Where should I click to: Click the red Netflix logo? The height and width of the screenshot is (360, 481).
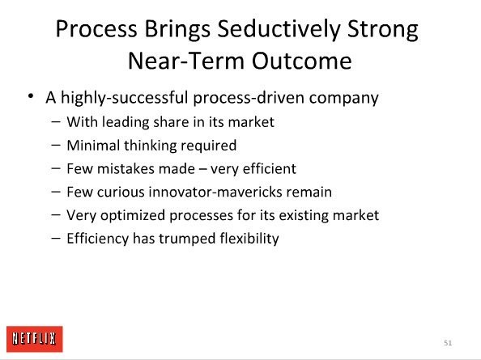34,339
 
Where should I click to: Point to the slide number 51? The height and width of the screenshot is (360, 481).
448,343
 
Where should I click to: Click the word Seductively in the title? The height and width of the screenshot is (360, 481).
279,29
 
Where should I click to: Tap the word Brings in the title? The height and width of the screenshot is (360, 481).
177,30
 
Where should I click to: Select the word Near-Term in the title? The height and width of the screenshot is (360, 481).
186,61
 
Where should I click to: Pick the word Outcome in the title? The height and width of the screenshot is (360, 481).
301,61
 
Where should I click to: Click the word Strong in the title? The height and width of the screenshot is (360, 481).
383,30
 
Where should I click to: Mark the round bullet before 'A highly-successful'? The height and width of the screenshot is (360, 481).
31,96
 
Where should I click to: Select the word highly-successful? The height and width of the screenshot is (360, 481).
124,98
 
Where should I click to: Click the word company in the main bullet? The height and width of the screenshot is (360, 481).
343,99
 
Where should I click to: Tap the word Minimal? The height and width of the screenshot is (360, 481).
94,146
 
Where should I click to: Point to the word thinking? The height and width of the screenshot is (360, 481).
151,146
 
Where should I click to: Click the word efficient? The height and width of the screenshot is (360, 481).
270,169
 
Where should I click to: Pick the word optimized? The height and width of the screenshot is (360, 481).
133,216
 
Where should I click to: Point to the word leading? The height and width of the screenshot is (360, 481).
126,122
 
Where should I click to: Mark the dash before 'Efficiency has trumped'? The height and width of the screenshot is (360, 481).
56,238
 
